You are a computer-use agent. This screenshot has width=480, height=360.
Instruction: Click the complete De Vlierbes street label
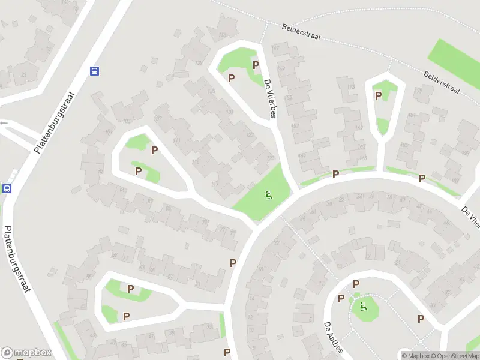pos(269,100)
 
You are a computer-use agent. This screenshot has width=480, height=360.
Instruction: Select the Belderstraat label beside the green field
pos(441,83)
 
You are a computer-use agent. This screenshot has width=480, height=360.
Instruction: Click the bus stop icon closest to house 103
pos(94,71)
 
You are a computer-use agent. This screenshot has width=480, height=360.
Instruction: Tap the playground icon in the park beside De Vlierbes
pos(268,194)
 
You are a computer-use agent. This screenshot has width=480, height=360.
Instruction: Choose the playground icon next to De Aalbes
pos(363,308)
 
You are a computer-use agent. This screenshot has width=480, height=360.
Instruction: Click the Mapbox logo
pos(26,353)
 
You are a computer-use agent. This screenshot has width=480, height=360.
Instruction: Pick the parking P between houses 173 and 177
pos(378,95)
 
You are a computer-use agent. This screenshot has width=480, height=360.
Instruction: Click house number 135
pos(211,91)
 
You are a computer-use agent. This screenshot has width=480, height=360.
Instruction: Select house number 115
pos(196,162)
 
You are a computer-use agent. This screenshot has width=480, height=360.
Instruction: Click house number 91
pos(122,191)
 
